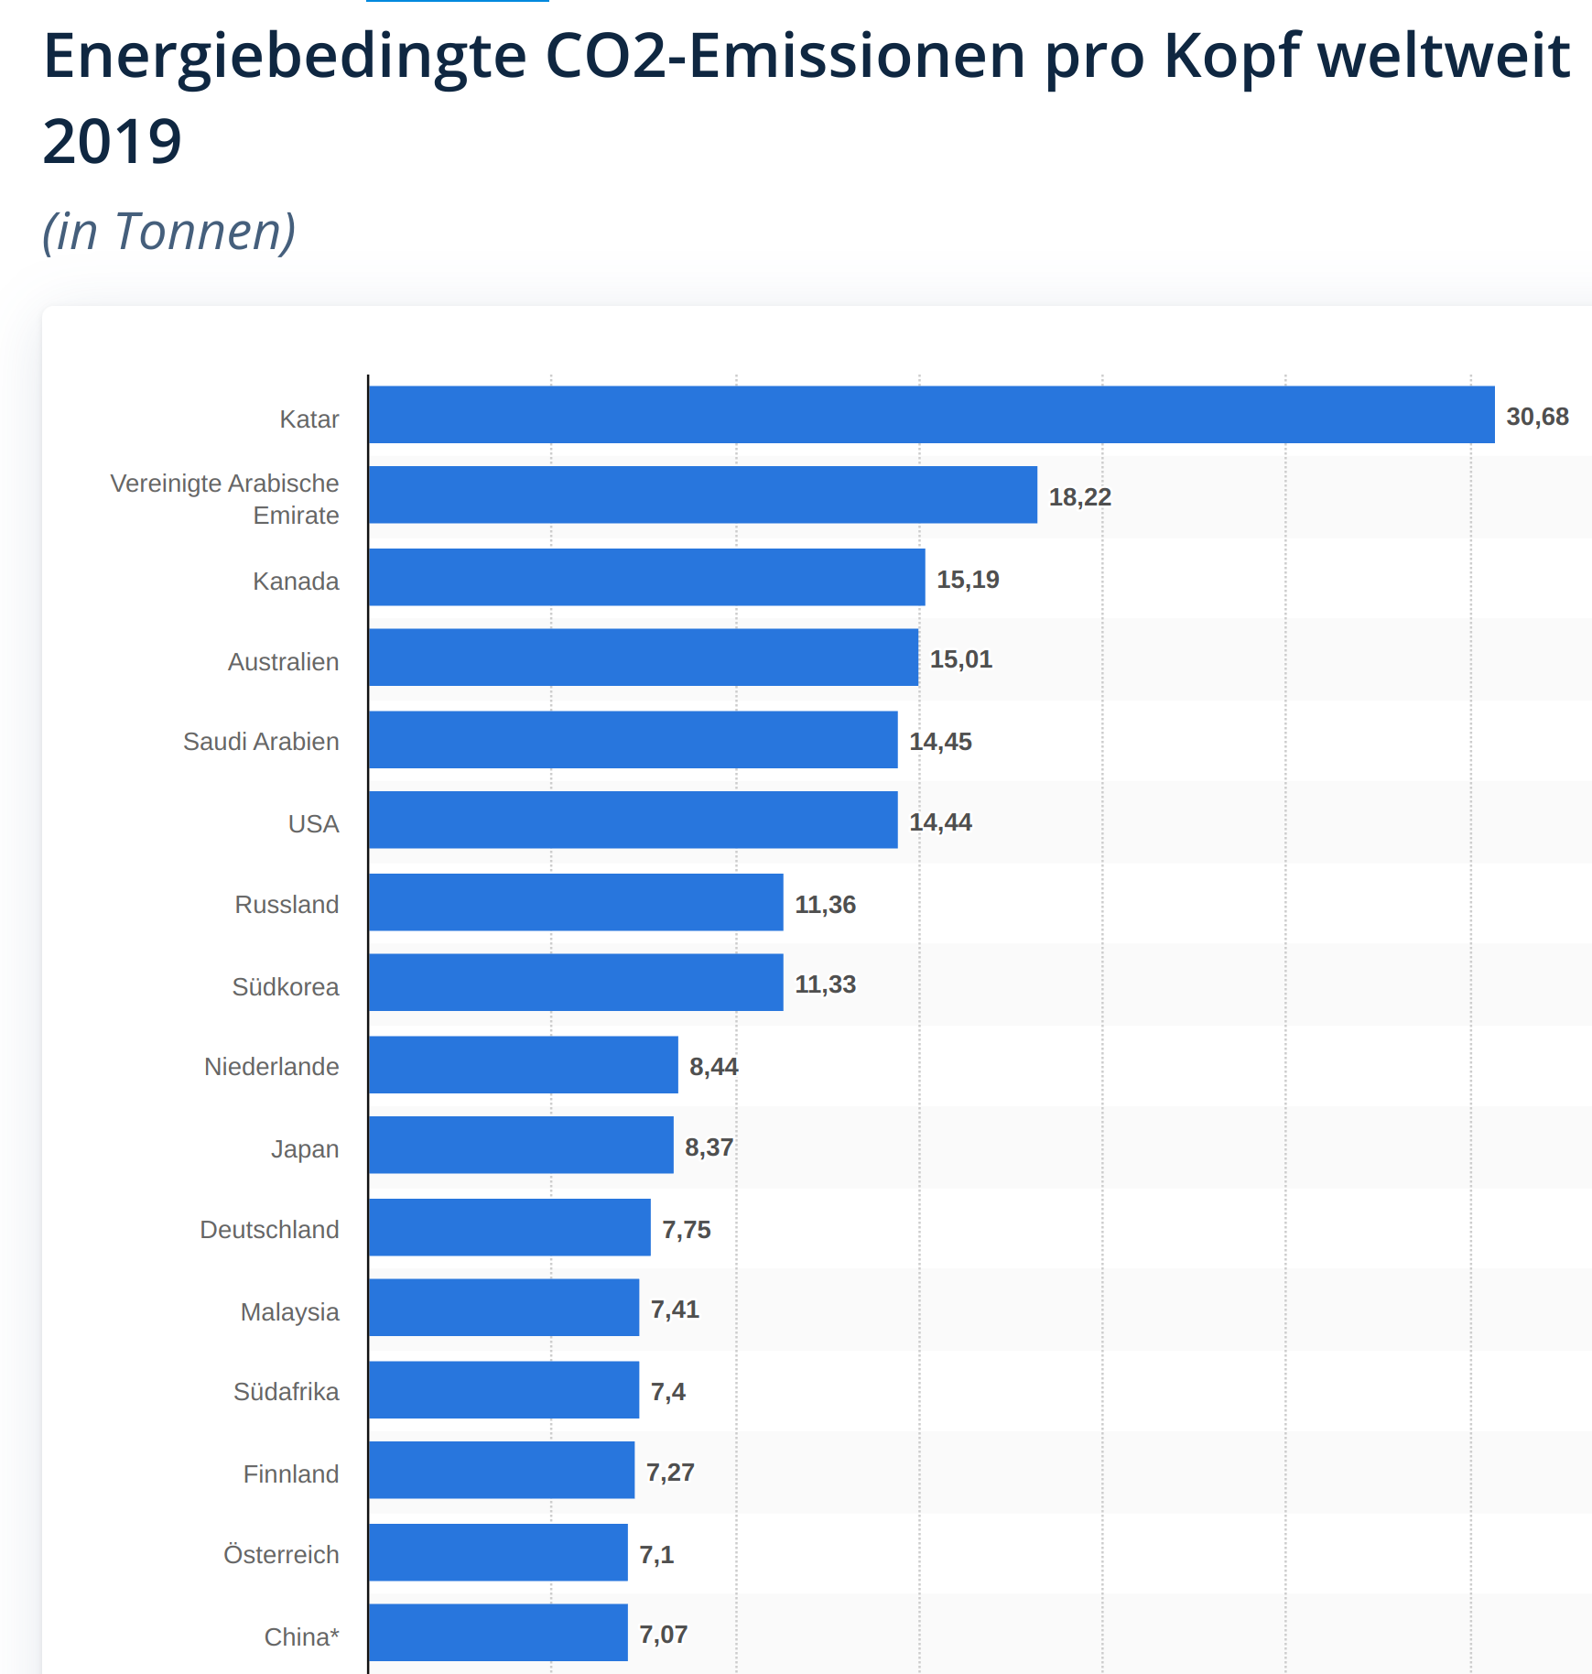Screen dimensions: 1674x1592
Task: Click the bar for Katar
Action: pos(931,415)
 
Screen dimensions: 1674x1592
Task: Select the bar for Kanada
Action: pos(646,577)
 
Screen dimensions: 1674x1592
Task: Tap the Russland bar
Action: pos(576,902)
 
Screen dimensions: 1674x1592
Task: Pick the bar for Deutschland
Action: pos(509,1227)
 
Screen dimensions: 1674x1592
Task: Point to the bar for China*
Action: pos(498,1632)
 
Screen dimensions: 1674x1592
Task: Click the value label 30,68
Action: pos(1537,417)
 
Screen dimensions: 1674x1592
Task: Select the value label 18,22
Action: pos(1079,497)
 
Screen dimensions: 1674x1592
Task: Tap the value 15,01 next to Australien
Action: pos(960,659)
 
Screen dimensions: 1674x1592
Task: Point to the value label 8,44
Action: pos(713,1067)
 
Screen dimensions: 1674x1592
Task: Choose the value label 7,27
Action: pos(670,1473)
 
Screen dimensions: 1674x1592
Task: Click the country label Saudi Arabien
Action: pos(261,742)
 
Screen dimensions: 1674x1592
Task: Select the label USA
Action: pos(313,824)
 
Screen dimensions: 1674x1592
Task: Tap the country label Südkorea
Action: pos(285,987)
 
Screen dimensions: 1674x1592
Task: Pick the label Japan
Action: pos(304,1149)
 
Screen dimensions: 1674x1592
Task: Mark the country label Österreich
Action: pos(281,1555)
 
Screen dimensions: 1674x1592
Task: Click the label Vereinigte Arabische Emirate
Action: pos(225,499)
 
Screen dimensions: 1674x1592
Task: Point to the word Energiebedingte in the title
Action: pos(285,57)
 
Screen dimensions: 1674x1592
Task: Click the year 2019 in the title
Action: pos(113,142)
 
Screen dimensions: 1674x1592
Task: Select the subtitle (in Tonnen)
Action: pos(169,231)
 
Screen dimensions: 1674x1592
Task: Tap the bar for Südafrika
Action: pos(504,1389)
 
